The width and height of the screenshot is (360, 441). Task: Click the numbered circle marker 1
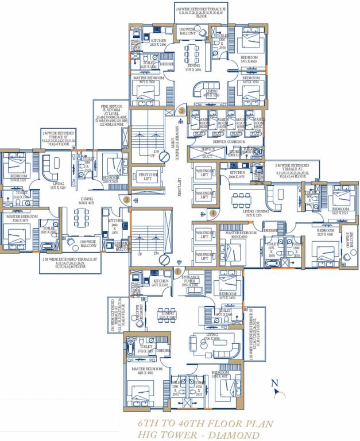coord(178,270)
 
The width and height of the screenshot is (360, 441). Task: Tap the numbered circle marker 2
coord(126,200)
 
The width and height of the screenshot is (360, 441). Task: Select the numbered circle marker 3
coord(181,110)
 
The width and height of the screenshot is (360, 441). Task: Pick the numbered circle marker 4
coord(213,213)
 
